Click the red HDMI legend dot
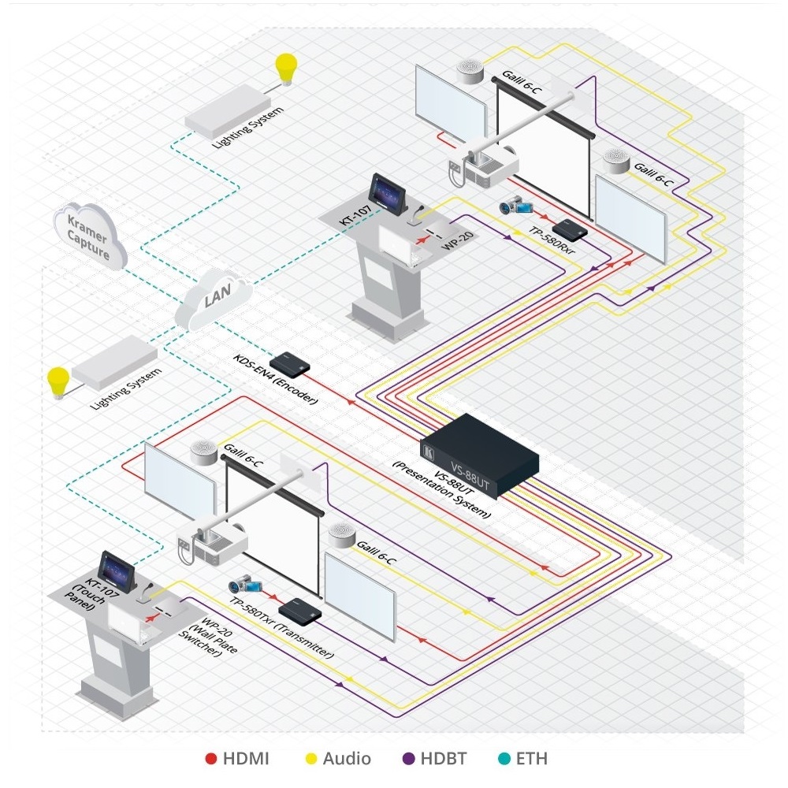tap(210, 759)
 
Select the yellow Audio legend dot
tap(310, 759)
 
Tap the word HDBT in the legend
tap(444, 759)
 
